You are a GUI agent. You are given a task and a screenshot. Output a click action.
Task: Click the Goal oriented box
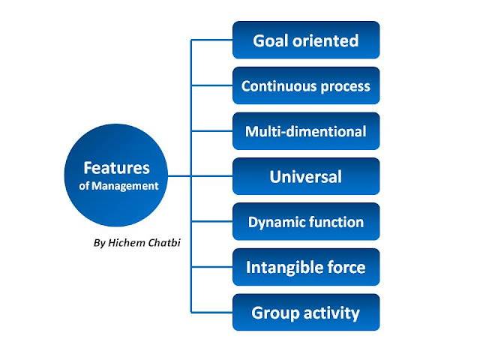(x=306, y=40)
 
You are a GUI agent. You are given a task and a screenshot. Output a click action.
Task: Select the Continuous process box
(x=306, y=85)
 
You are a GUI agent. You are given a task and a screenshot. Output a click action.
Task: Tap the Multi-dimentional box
(x=306, y=131)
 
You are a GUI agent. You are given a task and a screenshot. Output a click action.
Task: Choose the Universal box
(x=306, y=177)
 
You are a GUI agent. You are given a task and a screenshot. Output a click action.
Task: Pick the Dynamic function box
(x=306, y=222)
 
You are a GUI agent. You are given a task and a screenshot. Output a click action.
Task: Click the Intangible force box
(x=306, y=267)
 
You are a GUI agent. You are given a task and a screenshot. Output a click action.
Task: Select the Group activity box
(x=306, y=313)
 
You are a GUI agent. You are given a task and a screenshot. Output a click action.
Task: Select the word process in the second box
(x=344, y=86)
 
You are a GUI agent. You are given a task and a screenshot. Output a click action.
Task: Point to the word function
(x=337, y=222)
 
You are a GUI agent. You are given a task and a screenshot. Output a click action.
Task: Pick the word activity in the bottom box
(x=331, y=313)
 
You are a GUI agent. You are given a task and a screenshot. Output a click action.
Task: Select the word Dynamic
(x=276, y=222)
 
